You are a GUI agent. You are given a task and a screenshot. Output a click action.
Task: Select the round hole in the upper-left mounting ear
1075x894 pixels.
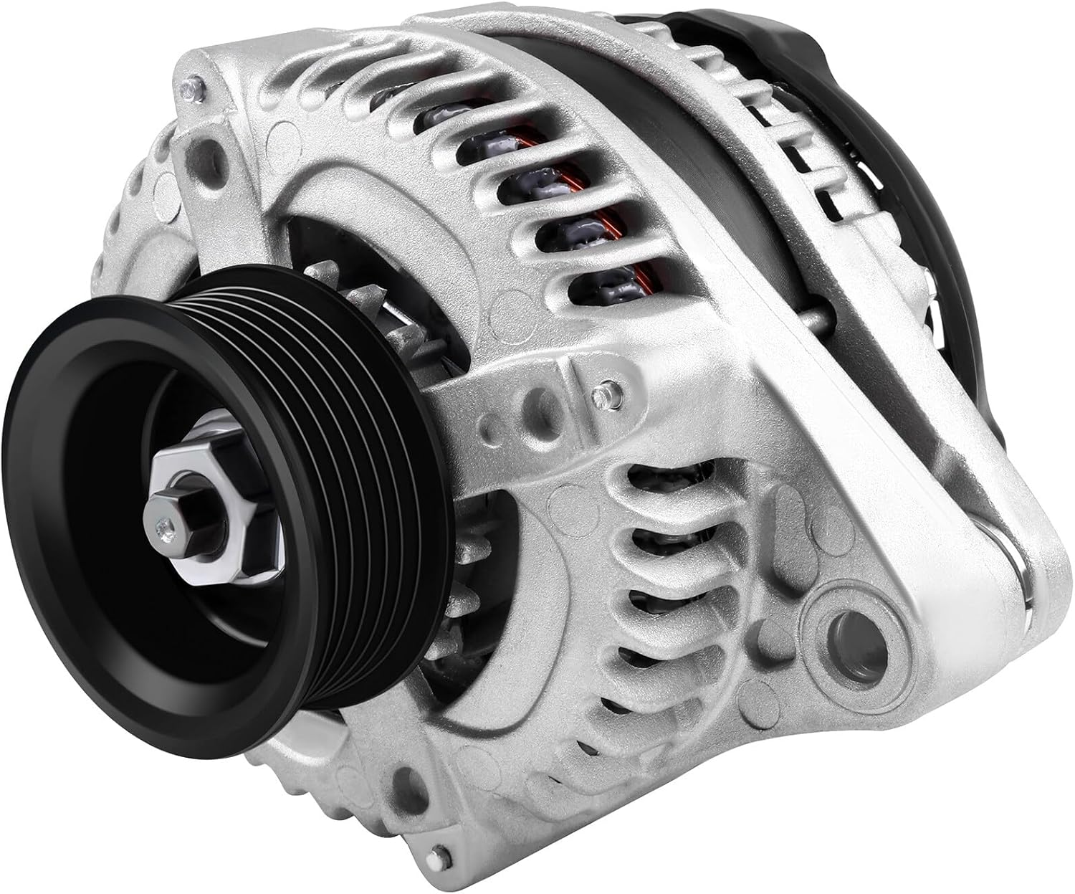212,151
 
